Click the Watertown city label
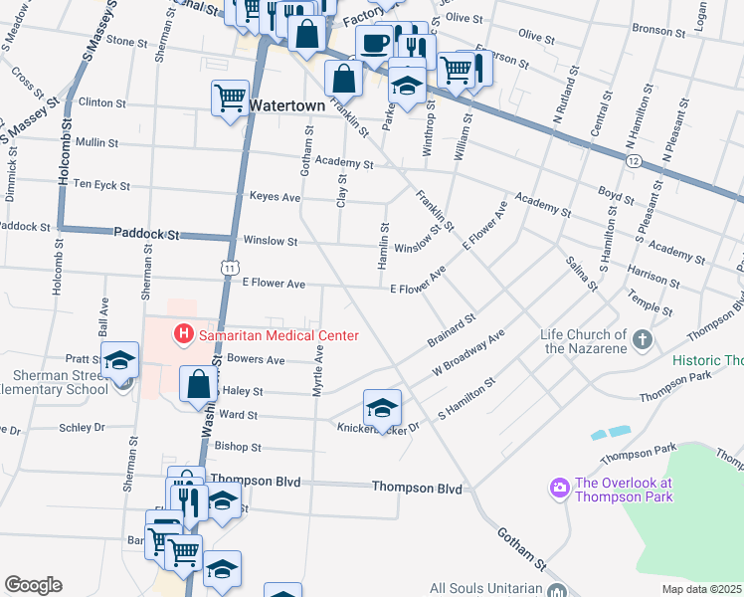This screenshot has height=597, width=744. pyautogui.click(x=286, y=103)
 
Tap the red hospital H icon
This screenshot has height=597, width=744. pyautogui.click(x=183, y=335)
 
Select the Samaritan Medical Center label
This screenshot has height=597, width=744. pyautogui.click(x=279, y=335)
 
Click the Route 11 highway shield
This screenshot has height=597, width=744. pyautogui.click(x=230, y=268)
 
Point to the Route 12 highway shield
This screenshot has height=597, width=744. pyautogui.click(x=634, y=160)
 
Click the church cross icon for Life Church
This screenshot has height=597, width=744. pyautogui.click(x=643, y=341)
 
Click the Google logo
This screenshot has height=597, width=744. pyautogui.click(x=34, y=585)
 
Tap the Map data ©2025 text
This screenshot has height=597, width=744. pyautogui.click(x=701, y=589)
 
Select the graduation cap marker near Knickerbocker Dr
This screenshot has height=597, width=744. pyautogui.click(x=382, y=407)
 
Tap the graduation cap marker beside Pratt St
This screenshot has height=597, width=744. pyautogui.click(x=120, y=360)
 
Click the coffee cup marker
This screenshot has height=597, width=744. pyautogui.click(x=375, y=44)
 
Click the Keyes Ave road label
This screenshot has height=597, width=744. pyautogui.click(x=275, y=197)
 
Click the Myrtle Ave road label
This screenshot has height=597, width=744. pyautogui.click(x=319, y=371)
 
